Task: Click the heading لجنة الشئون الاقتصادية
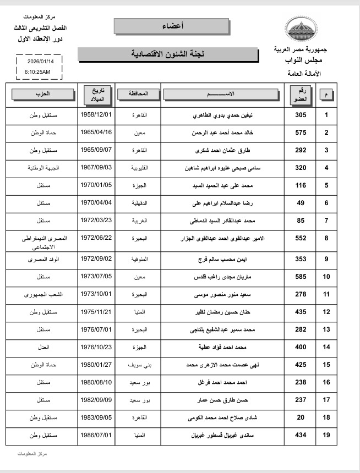(168, 54)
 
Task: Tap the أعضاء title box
(172, 26)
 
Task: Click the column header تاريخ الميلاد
(97, 94)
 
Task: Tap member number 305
(301, 116)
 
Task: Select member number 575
(301, 133)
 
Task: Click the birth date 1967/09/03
(96, 167)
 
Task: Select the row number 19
(326, 436)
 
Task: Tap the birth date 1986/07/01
(96, 436)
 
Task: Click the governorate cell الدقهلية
(138, 203)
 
